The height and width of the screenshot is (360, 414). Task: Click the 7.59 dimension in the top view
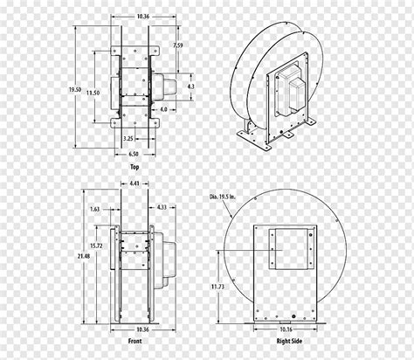pos(177,45)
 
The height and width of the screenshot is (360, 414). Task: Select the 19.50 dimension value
pos(75,90)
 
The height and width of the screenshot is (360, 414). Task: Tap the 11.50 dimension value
pos(93,93)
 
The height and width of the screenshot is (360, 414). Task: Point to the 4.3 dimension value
pos(190,87)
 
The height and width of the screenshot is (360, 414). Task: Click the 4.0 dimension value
pos(164,109)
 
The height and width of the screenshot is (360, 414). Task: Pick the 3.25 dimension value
pos(128,139)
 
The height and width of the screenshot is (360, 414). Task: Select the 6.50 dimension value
pos(134,154)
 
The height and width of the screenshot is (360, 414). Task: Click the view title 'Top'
pos(135,167)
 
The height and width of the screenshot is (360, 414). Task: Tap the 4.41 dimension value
pos(135,183)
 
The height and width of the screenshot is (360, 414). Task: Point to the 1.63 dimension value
pos(94,209)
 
